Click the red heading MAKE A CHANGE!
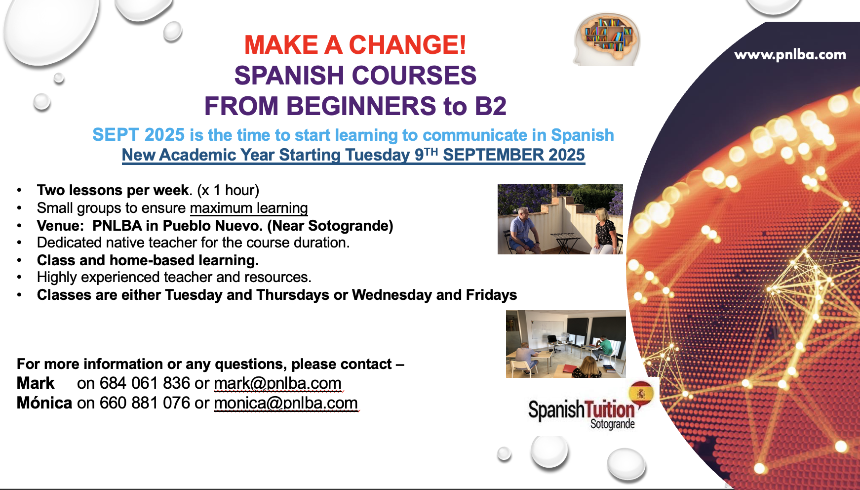click(355, 45)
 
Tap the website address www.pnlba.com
click(790, 55)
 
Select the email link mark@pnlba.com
click(277, 383)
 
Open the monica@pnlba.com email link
click(286, 403)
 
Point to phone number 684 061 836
click(145, 383)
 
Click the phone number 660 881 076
click(145, 403)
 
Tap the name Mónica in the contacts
click(44, 403)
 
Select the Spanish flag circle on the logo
click(641, 394)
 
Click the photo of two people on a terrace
click(560, 219)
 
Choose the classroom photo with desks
click(566, 344)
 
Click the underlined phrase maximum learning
click(249, 208)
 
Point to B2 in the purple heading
click(490, 106)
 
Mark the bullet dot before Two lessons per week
click(19, 190)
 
